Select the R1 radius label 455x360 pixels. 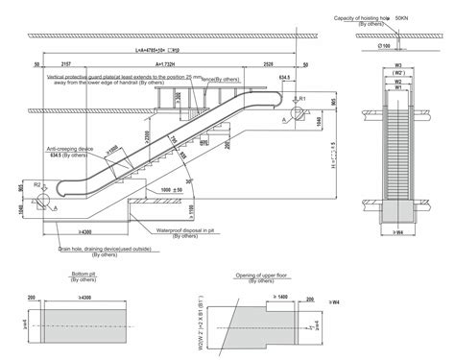[x=301, y=99]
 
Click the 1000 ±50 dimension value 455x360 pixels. [x=174, y=191]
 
